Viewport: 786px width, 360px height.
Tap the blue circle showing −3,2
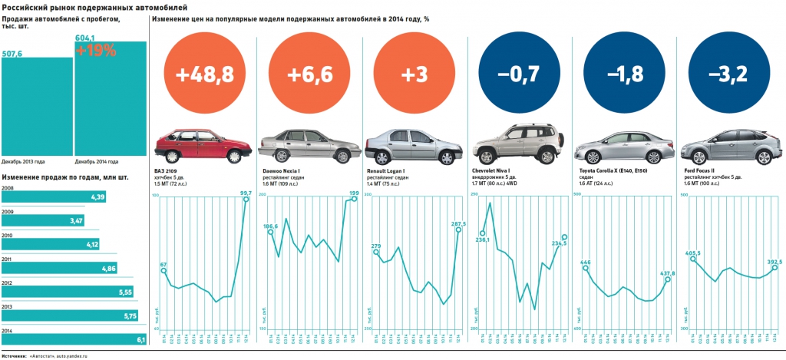click(x=724, y=74)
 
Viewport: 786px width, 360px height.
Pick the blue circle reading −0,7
click(x=514, y=74)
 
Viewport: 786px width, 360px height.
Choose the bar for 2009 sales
click(x=43, y=221)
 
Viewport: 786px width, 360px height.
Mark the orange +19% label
click(x=95, y=51)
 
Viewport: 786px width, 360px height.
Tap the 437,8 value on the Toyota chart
click(x=667, y=273)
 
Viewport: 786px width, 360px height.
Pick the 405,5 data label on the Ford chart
click(x=695, y=253)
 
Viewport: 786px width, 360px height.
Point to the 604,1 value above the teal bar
click(x=84, y=38)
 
